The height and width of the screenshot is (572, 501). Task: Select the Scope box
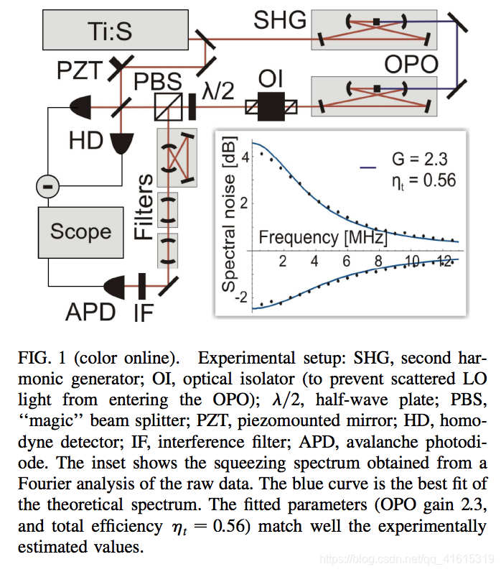(80, 231)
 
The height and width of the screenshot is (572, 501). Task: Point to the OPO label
(411, 65)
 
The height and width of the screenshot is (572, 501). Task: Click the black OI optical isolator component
(271, 107)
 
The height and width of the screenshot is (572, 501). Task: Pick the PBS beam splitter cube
(167, 109)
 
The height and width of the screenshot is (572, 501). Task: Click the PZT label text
(81, 70)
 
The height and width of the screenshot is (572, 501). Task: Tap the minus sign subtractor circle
(47, 188)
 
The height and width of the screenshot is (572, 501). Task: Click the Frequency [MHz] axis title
(323, 236)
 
